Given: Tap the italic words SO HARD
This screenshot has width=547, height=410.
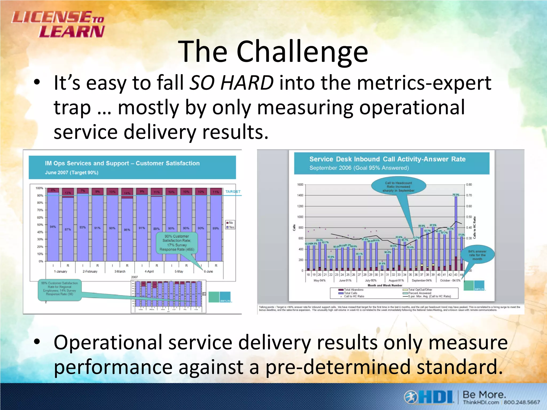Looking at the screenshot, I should [231, 82].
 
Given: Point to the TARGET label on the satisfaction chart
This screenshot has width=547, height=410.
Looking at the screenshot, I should [233, 191].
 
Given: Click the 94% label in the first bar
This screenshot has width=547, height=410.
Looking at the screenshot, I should [53, 227].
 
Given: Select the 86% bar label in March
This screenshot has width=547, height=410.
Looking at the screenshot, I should [127, 230].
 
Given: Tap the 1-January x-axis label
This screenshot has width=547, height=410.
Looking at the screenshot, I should [61, 271].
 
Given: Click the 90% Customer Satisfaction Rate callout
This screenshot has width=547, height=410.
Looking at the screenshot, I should [177, 243].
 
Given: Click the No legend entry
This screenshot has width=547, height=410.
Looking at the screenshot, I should [230, 223].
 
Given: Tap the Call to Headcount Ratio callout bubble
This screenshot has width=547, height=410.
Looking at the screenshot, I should [398, 187].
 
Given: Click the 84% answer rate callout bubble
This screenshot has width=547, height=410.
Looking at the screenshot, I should [477, 255].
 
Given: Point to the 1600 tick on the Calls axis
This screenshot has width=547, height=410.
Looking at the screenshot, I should [300, 184].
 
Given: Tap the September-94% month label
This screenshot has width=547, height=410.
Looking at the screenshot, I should [421, 281].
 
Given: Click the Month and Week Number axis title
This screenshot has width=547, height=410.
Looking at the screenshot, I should [385, 285].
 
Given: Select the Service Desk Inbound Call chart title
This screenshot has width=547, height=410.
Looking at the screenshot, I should [387, 159].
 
